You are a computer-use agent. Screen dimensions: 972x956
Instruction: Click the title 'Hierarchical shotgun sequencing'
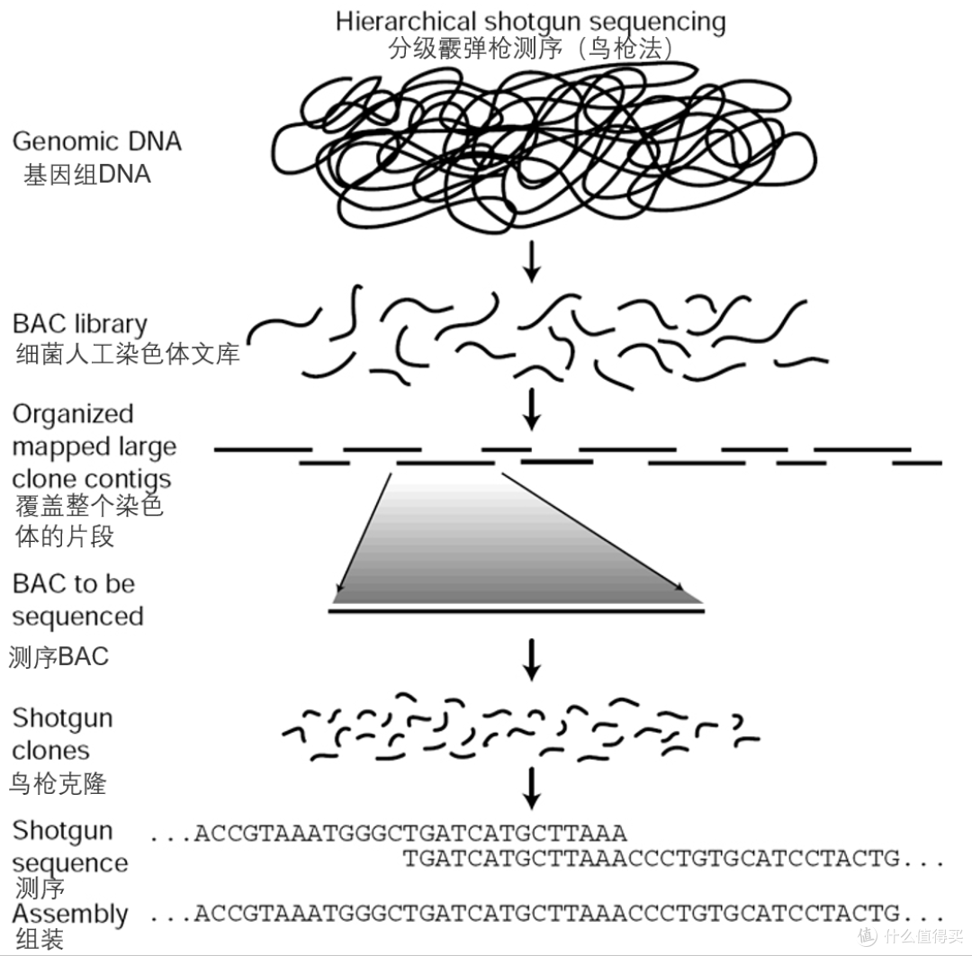click(531, 22)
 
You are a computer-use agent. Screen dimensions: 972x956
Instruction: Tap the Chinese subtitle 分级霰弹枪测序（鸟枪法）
click(531, 49)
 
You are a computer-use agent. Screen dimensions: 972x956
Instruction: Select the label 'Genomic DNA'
click(96, 141)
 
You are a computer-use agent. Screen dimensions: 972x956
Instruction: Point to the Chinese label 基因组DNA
click(87, 175)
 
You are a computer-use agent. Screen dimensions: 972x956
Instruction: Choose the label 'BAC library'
click(80, 324)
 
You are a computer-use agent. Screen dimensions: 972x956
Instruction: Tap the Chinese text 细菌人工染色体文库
click(128, 354)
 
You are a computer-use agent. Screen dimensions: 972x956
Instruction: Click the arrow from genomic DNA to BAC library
click(531, 261)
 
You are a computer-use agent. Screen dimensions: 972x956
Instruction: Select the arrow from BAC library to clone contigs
click(531, 410)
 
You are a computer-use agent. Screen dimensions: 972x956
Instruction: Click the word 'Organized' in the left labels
click(73, 414)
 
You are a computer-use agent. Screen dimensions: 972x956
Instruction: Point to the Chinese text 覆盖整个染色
click(89, 506)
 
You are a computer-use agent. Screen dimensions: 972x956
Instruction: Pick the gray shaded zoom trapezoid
click(517, 538)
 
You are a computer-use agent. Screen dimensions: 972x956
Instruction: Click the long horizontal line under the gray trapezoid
click(517, 611)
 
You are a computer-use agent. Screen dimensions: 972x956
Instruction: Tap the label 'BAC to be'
click(74, 584)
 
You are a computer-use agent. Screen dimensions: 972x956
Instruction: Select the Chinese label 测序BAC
click(58, 656)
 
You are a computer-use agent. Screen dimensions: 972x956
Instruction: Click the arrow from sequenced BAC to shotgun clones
click(531, 660)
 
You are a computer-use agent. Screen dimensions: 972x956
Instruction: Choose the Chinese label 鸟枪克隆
click(58, 784)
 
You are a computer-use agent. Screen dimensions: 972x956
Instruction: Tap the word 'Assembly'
click(70, 915)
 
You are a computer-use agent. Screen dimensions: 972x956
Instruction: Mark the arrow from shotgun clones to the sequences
click(531, 789)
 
